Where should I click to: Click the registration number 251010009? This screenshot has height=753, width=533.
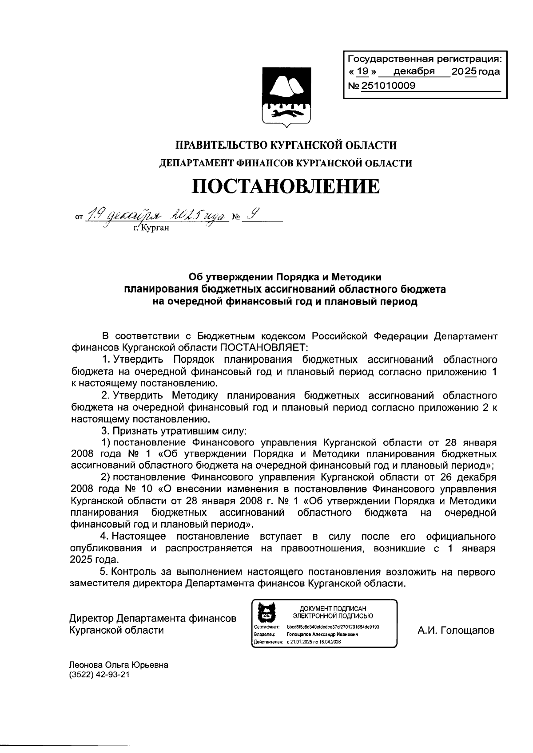point(389,86)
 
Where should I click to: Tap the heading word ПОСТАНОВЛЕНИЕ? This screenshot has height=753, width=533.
point(286,186)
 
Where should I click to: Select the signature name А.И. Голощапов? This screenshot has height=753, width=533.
point(456,631)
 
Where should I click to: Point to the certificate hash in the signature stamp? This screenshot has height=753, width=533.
point(333,627)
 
